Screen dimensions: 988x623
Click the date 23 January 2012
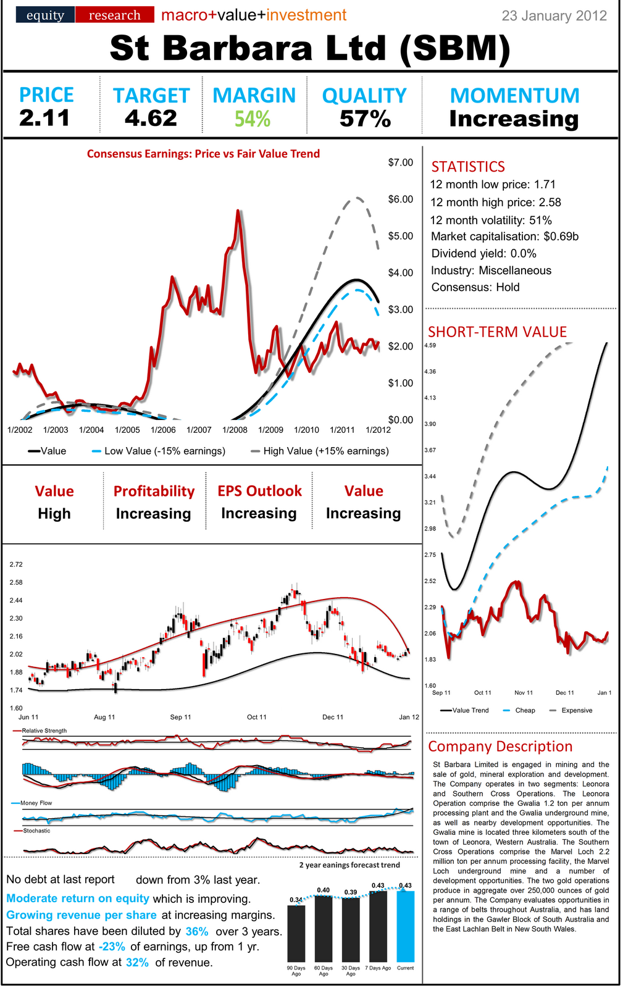click(x=554, y=15)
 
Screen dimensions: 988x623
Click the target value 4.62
click(x=151, y=117)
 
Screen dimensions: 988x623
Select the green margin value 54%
click(x=253, y=118)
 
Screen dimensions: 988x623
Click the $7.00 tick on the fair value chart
click(x=400, y=162)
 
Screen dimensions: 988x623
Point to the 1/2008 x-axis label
click(x=235, y=430)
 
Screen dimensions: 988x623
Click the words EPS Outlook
click(x=259, y=491)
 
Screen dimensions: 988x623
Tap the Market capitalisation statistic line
click(x=504, y=237)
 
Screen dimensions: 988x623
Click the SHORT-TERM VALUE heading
click(x=497, y=332)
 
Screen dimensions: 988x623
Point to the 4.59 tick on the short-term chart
click(x=430, y=345)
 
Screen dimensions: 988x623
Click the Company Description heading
click(x=500, y=747)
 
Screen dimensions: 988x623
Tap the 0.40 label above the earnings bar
click(x=323, y=890)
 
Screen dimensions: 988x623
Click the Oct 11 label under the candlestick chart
click(x=256, y=717)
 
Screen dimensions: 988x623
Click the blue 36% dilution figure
click(x=197, y=931)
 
